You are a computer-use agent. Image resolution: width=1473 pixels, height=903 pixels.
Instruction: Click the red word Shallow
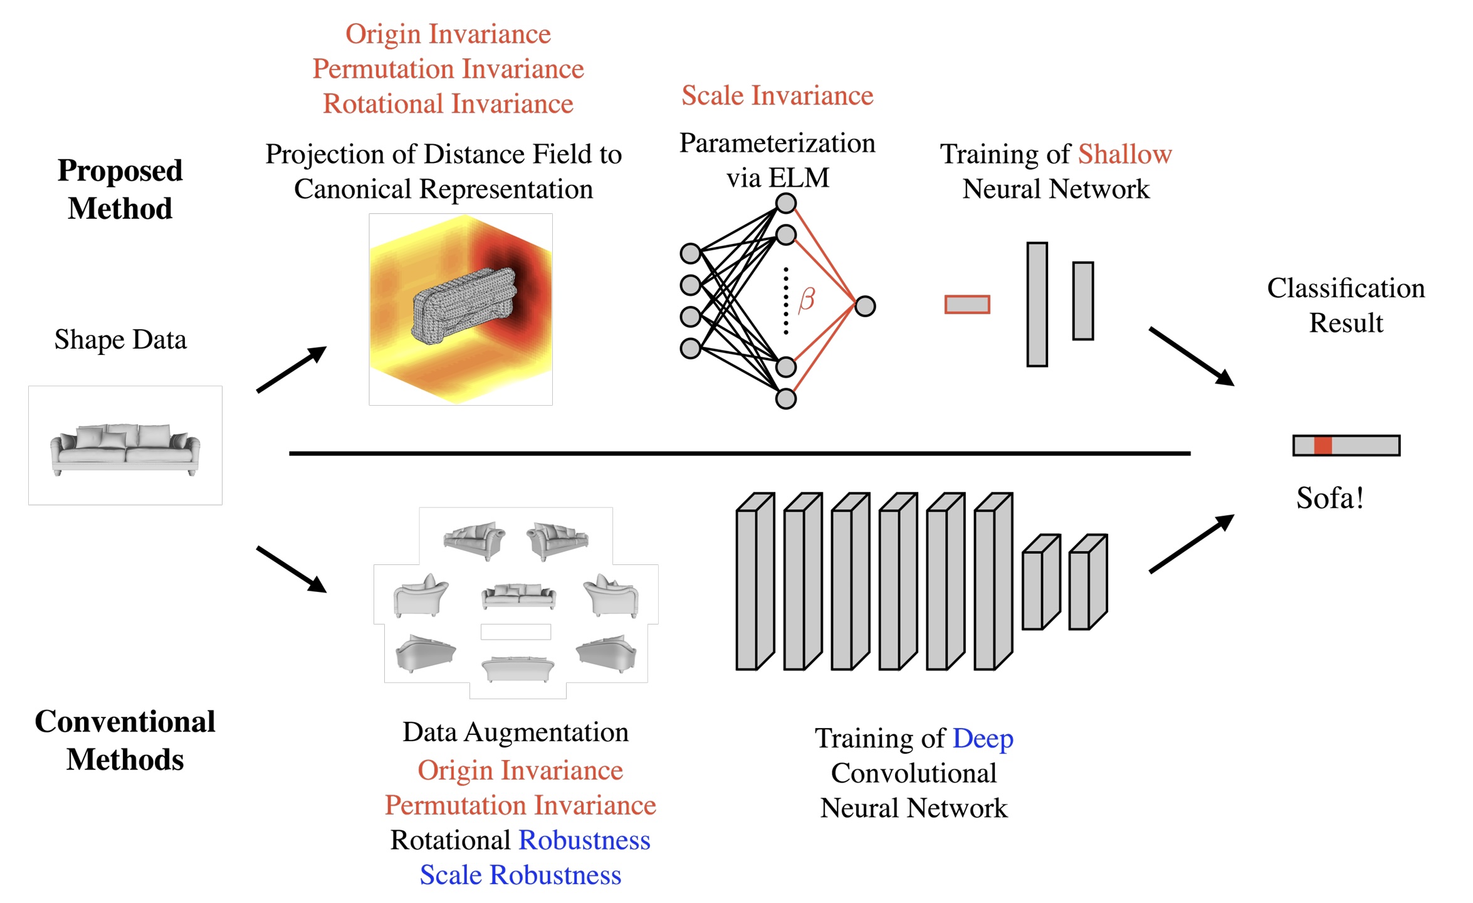[x=1124, y=154]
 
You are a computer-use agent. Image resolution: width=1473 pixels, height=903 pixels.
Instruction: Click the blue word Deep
[x=982, y=738]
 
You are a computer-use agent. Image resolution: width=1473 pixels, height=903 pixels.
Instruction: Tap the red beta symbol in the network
[x=807, y=300]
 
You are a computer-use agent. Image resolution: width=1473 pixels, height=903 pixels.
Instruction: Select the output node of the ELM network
[x=865, y=307]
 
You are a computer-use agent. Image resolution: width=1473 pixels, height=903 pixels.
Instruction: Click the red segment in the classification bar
[x=1323, y=445]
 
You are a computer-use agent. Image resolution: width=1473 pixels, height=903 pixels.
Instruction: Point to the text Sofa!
[x=1330, y=499]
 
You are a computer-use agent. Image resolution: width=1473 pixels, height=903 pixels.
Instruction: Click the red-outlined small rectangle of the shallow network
[x=967, y=305]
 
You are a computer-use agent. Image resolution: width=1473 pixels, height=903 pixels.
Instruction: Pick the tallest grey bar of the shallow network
[x=1037, y=305]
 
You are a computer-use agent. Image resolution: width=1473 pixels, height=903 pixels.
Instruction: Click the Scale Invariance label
[x=777, y=96]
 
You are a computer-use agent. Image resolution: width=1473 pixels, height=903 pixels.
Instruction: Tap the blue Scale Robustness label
[x=520, y=875]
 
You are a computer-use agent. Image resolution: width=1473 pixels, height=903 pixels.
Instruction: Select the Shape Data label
[x=120, y=340]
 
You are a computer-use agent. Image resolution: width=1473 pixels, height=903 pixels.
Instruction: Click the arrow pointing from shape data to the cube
[x=291, y=369]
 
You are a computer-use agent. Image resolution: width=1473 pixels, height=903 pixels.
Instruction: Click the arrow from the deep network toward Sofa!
[x=1191, y=544]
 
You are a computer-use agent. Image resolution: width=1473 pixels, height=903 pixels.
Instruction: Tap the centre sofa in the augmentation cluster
[x=518, y=596]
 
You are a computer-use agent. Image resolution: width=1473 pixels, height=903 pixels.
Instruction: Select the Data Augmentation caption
[x=515, y=732]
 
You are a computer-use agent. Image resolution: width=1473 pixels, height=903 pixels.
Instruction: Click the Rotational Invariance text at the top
[x=448, y=104]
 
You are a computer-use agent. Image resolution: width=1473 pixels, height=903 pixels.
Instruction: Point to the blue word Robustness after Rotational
[x=584, y=840]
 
